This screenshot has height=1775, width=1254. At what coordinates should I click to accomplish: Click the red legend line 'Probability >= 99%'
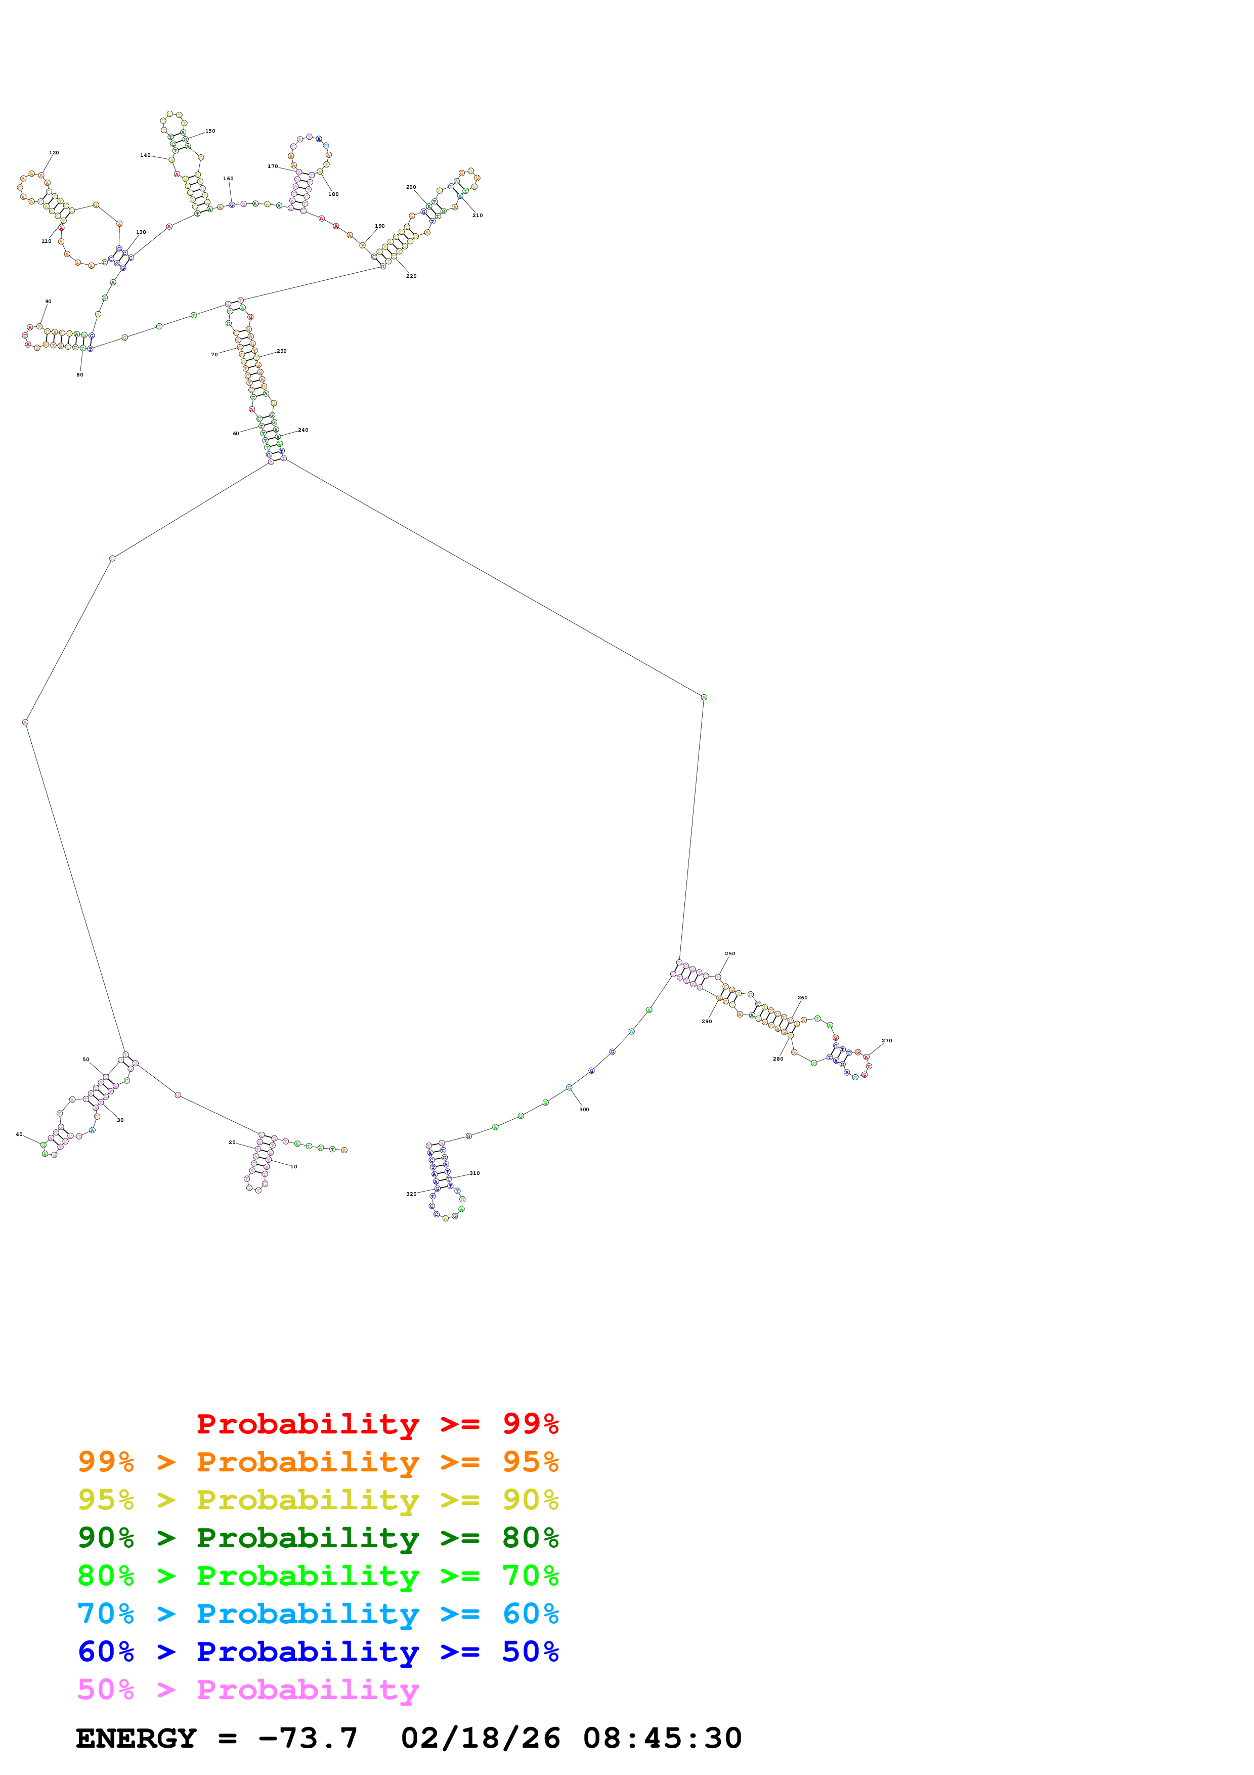click(x=377, y=1424)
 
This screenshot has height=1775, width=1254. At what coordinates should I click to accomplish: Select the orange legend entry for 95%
click(x=318, y=1462)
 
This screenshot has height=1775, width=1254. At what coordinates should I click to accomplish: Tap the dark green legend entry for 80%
click(x=318, y=1538)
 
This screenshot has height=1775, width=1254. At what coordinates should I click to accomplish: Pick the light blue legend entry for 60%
click(x=318, y=1614)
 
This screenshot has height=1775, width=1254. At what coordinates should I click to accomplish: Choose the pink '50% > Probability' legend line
click(x=248, y=1689)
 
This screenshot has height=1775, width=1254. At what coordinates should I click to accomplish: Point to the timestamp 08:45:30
click(x=662, y=1739)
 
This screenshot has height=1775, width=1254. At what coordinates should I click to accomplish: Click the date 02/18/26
click(x=481, y=1739)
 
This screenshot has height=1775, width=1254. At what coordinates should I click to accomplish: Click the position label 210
click(x=478, y=216)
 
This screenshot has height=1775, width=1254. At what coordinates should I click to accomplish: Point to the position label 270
click(x=887, y=1041)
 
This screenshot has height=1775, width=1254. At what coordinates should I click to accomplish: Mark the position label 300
click(x=584, y=1109)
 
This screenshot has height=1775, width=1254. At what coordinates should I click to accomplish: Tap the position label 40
click(x=19, y=1134)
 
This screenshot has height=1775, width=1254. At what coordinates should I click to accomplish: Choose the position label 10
click(x=293, y=1167)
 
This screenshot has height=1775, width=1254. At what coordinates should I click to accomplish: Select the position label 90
click(x=48, y=302)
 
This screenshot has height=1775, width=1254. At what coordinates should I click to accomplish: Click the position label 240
click(x=303, y=430)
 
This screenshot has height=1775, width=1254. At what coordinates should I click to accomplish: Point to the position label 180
click(x=333, y=194)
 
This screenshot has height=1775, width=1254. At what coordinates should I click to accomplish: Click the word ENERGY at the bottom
click(x=136, y=1739)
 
